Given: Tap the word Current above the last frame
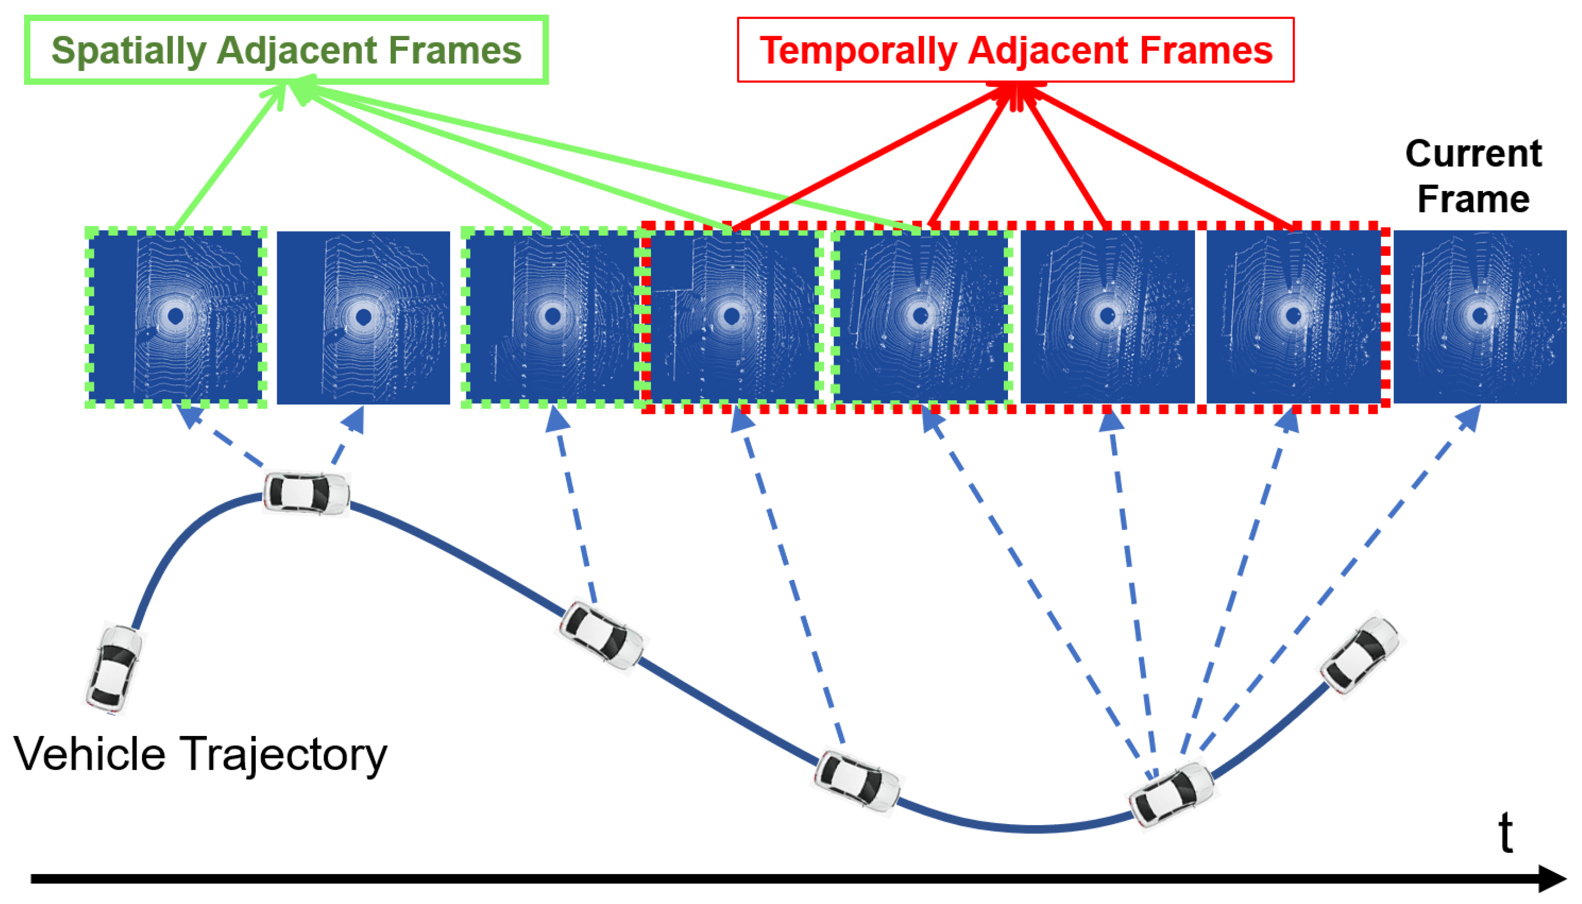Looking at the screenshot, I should (x=1473, y=154).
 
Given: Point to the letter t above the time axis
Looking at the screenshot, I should (x=1505, y=833).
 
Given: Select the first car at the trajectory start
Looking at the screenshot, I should (x=114, y=669).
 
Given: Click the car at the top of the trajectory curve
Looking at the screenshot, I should (x=306, y=493).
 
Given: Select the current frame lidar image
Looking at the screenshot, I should (x=1480, y=317).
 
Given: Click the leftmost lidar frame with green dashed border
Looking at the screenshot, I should (x=176, y=317).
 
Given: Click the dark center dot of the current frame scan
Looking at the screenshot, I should (x=1480, y=316).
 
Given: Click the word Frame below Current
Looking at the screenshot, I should (x=1473, y=200).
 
